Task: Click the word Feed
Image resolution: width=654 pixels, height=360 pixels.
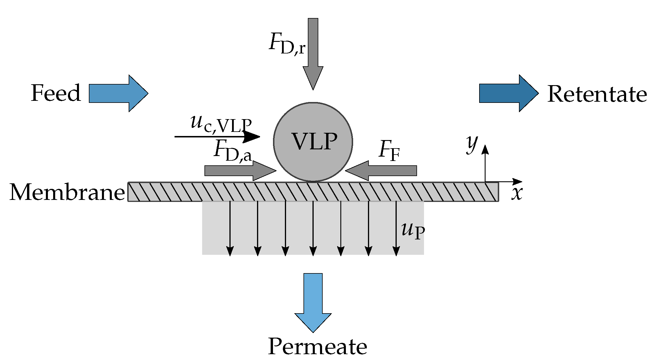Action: [56, 93]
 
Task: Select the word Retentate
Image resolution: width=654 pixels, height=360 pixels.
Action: [597, 94]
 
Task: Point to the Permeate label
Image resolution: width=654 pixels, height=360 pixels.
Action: [317, 346]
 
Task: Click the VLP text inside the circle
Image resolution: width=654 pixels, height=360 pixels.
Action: [315, 142]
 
